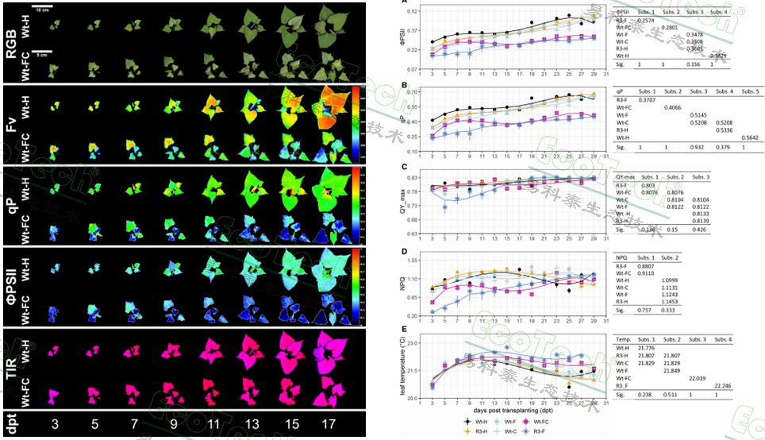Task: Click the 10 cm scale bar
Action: (x=44, y=7)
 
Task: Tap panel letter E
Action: (x=406, y=328)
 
